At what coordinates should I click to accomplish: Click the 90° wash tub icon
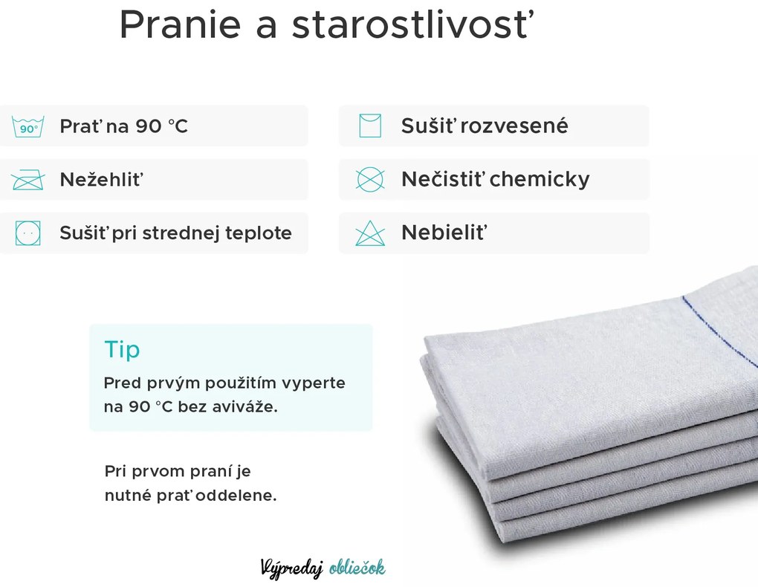pyautogui.click(x=28, y=126)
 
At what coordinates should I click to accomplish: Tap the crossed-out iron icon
pyautogui.click(x=28, y=180)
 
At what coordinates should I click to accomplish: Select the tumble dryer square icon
pyautogui.click(x=28, y=233)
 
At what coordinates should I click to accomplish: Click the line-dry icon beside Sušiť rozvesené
pyautogui.click(x=370, y=126)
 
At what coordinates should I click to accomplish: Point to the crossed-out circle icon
pyautogui.click(x=370, y=179)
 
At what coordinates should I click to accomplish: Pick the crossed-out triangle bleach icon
pyautogui.click(x=370, y=233)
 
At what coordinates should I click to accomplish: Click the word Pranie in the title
pyautogui.click(x=181, y=25)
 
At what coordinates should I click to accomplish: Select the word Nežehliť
pyautogui.click(x=102, y=179)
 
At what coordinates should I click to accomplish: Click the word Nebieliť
pyautogui.click(x=444, y=233)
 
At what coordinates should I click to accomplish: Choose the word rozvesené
pyautogui.click(x=514, y=126)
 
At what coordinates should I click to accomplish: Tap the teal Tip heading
pyautogui.click(x=123, y=349)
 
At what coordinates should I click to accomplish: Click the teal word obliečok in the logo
pyautogui.click(x=357, y=568)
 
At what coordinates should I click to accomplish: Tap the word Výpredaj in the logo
pyautogui.click(x=292, y=568)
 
